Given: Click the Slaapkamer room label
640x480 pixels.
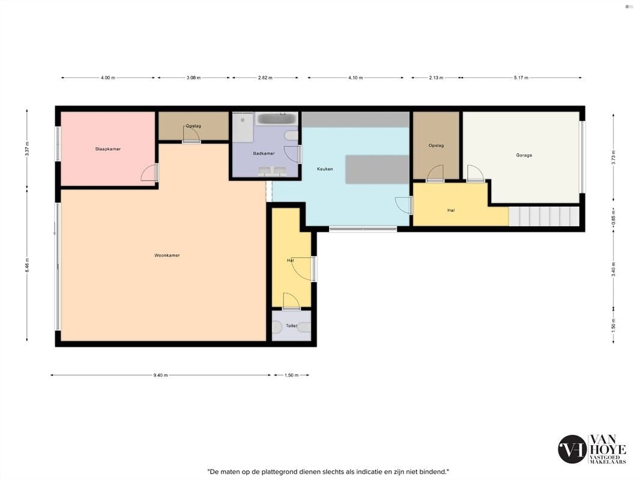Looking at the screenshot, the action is coord(107,149).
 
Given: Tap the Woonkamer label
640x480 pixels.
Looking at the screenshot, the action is coord(167,255).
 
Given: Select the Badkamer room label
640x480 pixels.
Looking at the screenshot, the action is coord(264,154).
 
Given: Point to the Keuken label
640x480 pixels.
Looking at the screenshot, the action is coord(325,169).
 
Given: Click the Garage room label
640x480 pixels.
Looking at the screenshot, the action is coord(524,155).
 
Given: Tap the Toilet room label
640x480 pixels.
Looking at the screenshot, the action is coord(291,326).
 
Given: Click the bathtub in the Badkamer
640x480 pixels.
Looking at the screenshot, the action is coord(276,119).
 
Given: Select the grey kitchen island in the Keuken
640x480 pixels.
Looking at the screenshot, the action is coord(377,169).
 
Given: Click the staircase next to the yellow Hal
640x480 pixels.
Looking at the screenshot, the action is coord(544,216).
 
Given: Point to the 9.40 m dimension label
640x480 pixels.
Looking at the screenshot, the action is coord(160,375).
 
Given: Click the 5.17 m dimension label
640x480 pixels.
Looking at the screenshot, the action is coord(521,77).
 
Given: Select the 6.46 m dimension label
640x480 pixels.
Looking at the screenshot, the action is coord(27,265).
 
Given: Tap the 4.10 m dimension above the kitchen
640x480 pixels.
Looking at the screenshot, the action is coord(355,77).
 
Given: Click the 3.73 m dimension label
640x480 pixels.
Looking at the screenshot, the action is coord(613,157).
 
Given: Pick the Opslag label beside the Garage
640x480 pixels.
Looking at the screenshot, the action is coord(436,145).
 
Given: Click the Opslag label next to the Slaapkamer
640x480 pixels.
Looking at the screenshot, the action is coord(193,126).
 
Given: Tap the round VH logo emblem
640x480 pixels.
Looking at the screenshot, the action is coord(572,449).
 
